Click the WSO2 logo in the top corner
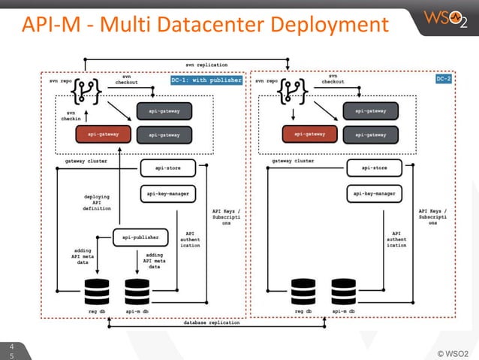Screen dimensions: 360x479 446,18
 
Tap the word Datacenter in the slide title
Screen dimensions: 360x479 217,24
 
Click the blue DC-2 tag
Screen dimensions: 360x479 444,79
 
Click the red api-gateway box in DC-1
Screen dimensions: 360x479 101,135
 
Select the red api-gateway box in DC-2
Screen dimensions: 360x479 309,135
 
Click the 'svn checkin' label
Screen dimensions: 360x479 69,114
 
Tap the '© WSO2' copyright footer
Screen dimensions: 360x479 452,351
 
